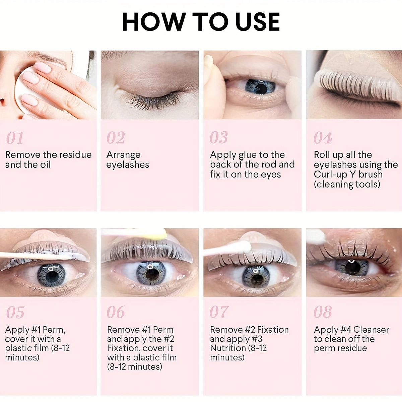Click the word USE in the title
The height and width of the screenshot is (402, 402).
[258, 22]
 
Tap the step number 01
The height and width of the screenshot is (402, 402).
[15, 138]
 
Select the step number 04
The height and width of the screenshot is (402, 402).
[323, 138]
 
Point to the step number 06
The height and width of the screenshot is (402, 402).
[116, 312]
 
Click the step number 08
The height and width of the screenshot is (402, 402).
[323, 312]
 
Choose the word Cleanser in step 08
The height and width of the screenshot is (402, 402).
[371, 330]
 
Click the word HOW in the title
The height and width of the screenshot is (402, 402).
[154, 22]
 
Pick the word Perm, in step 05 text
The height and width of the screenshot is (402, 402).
[54, 330]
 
